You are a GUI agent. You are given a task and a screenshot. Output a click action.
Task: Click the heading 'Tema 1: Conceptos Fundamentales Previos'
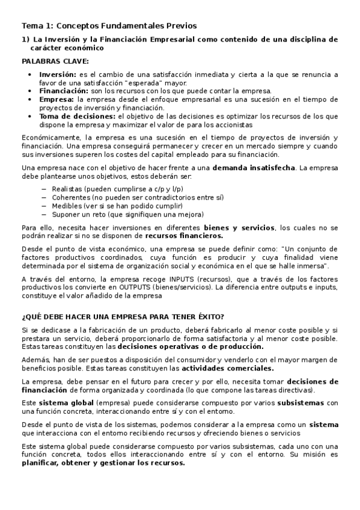[109, 26]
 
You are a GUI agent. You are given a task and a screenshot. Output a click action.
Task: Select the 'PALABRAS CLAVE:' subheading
[55, 61]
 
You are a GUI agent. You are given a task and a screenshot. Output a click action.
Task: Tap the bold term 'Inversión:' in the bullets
[58, 75]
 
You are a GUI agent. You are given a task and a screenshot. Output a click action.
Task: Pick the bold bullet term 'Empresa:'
[55, 99]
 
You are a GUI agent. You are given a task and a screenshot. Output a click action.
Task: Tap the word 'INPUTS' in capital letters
[181, 279]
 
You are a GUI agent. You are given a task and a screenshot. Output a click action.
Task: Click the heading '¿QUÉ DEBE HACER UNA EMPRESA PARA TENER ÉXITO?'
[123, 317]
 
